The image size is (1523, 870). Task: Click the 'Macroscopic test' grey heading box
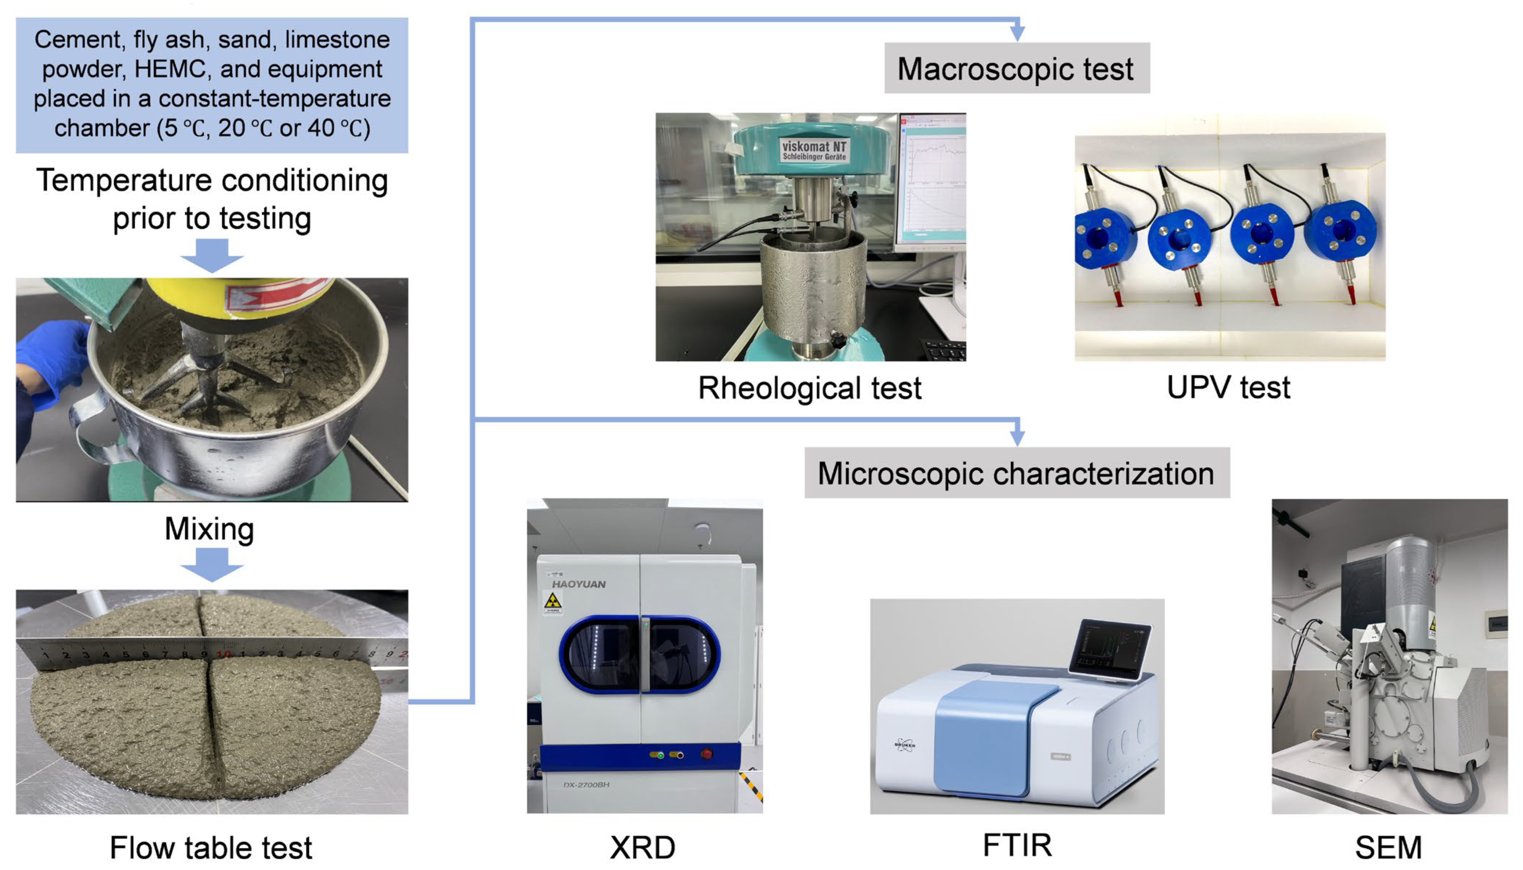[x=1016, y=68]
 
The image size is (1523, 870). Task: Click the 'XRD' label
[x=643, y=847]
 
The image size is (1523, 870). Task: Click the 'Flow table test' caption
[x=211, y=847]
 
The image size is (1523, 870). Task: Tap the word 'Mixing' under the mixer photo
[x=209, y=529]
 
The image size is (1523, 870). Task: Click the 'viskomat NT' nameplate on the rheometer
[x=814, y=150]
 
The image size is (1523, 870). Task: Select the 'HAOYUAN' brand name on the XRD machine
[x=578, y=584]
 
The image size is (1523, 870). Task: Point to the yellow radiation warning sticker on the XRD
[x=553, y=602]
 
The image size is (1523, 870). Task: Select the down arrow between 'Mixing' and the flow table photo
[x=211, y=565]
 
